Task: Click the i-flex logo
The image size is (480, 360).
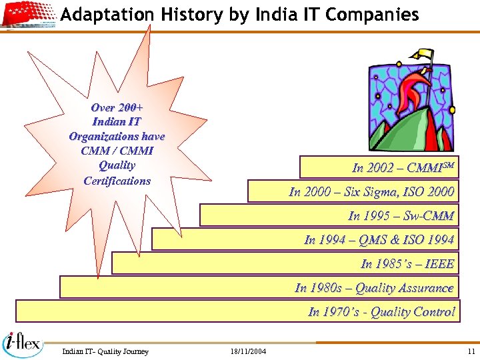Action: point(24,343)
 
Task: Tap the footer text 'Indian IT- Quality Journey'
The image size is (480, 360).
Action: point(105,351)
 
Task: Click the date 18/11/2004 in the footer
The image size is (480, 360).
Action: point(247,351)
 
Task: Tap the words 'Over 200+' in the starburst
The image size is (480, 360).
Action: point(117,107)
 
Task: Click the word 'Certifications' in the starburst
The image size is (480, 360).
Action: point(117,181)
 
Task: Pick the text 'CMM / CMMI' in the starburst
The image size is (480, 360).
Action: point(117,151)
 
